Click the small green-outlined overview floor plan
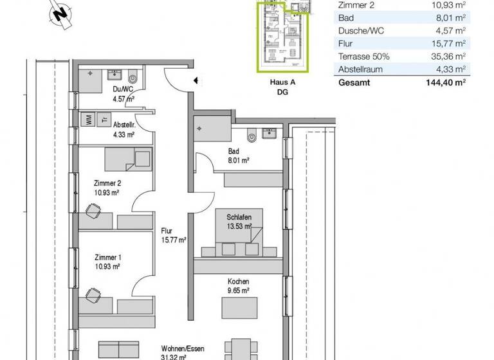[283, 35]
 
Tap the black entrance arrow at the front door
[196, 81]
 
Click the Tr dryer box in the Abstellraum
[103, 118]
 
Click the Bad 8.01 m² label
[237, 156]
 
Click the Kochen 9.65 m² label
[238, 285]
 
